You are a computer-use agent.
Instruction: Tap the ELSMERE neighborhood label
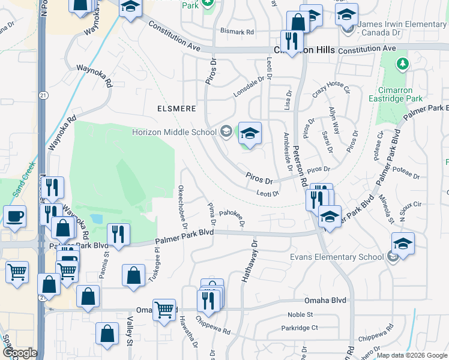point(176,109)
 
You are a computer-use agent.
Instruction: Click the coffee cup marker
point(14,216)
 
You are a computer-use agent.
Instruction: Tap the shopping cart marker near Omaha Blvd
point(164,310)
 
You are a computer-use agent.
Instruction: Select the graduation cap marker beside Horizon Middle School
point(250,133)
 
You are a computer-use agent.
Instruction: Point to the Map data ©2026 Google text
point(411,355)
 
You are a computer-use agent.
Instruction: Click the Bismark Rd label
point(237,31)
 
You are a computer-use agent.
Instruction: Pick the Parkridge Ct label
point(302,328)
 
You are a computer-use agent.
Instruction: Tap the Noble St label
point(300,314)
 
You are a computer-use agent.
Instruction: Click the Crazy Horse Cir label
point(331,90)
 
